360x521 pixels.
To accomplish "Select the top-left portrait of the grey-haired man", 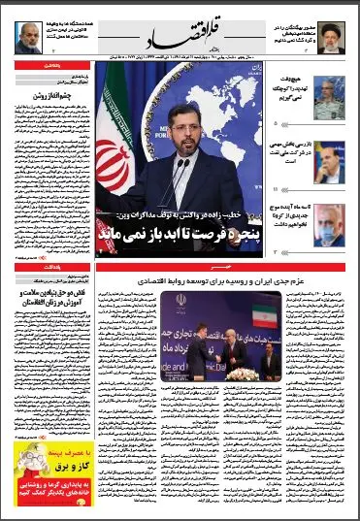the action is click(26, 38).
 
